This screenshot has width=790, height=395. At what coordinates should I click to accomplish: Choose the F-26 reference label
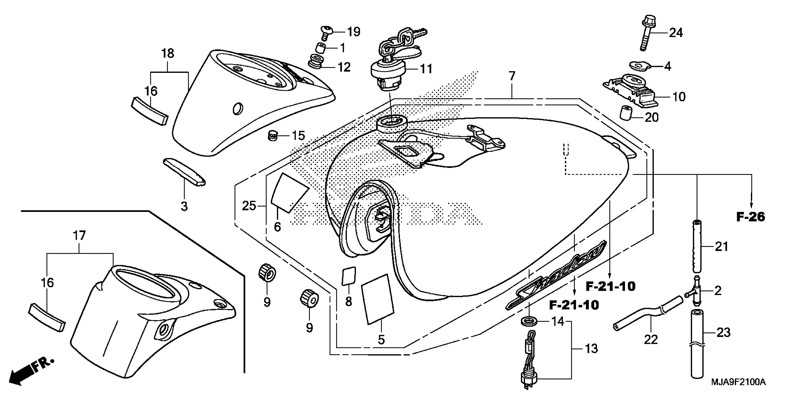(750, 217)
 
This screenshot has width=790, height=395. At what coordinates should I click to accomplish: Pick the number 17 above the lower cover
(79, 236)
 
